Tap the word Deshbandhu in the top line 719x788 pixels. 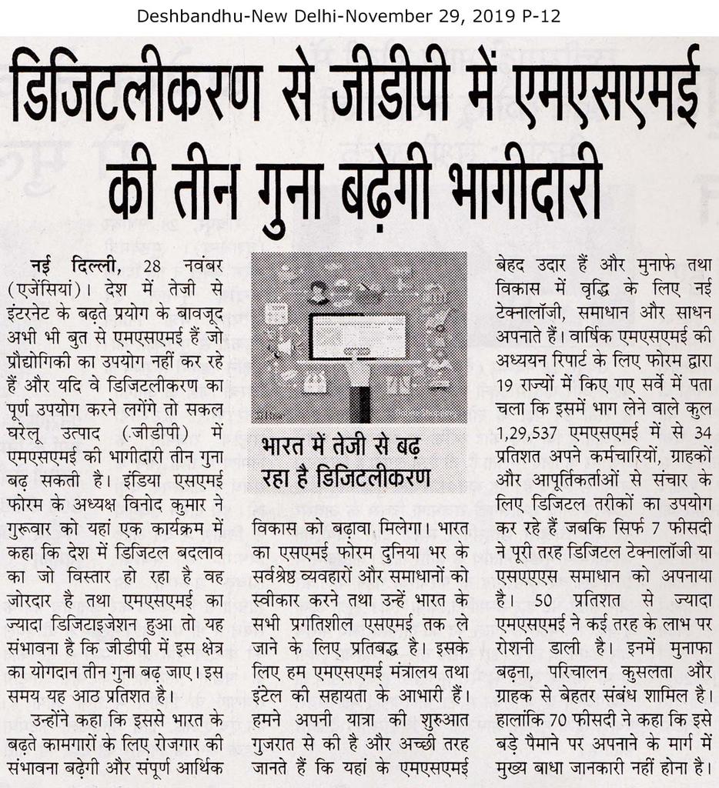[x=179, y=15]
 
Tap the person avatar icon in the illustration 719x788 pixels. [x=318, y=292]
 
